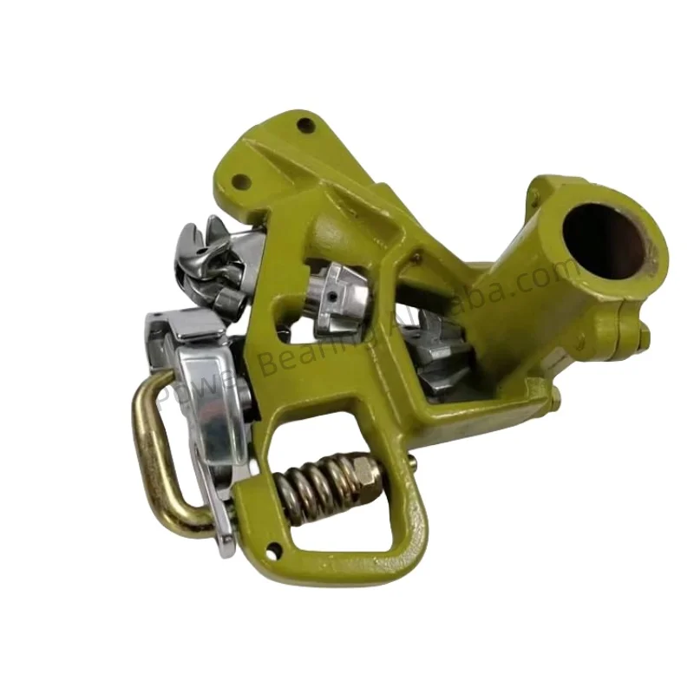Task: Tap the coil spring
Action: coord(320,491)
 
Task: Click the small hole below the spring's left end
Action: coord(274,547)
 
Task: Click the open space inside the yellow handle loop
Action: coord(347,529)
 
